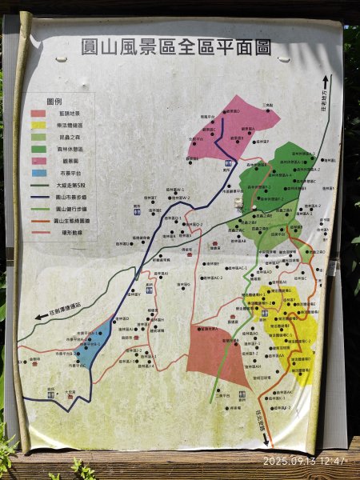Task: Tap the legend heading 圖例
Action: click(54, 102)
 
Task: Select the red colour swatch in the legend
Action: click(38, 114)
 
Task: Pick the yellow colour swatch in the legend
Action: click(38, 126)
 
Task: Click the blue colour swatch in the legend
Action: click(38, 172)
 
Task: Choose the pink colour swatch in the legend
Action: click(38, 160)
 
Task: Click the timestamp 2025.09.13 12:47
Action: click(304, 462)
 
